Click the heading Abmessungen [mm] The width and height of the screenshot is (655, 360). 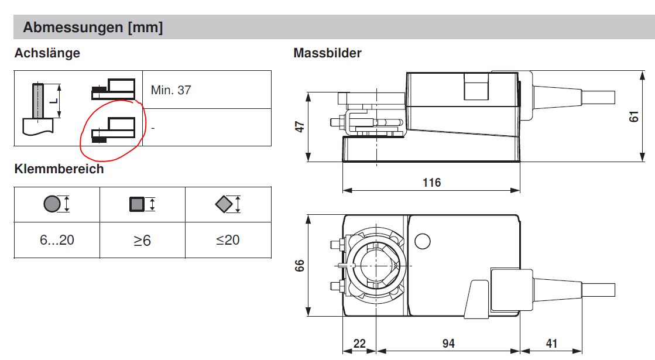tap(92, 28)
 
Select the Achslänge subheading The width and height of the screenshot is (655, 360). tap(47, 53)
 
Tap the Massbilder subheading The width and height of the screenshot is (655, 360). tap(327, 53)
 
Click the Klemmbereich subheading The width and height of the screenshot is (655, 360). tap(59, 169)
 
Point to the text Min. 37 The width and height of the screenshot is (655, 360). tap(171, 90)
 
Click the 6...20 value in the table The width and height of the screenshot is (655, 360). tap(57, 240)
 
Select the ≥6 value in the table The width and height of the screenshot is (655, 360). tap(142, 240)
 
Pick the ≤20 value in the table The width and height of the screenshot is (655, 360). tap(228, 240)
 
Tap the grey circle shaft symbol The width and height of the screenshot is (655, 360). tap(52, 204)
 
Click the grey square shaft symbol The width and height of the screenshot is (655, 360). tap(137, 204)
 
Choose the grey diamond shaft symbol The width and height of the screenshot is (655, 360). tap(224, 204)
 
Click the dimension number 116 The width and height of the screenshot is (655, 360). tap(431, 183)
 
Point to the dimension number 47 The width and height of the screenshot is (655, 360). tap(300, 126)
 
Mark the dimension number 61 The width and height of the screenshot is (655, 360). tap(634, 116)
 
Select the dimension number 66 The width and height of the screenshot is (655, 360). tap(300, 266)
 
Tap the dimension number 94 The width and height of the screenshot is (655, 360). tap(448, 343)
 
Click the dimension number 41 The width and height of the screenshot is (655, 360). tap(552, 343)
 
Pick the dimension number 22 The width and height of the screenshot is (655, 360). tap(359, 343)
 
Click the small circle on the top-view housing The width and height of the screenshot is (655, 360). tap(423, 241)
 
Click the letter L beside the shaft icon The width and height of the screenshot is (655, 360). tap(53, 101)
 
